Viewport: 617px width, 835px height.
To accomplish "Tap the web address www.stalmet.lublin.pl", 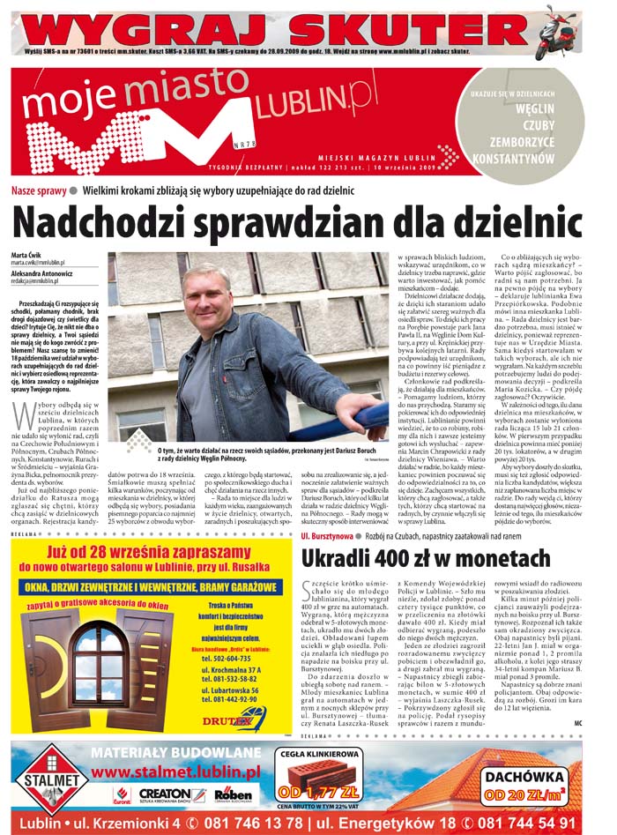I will click(175, 770).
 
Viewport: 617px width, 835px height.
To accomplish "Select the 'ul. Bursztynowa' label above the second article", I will click(328, 534).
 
